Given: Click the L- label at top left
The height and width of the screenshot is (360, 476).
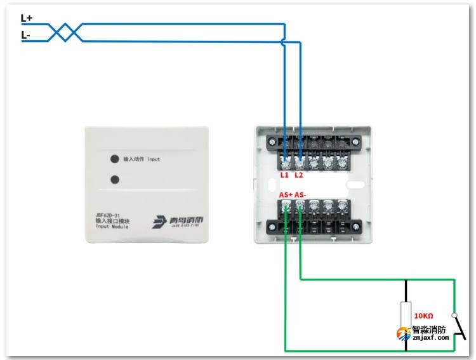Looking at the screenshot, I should pos(26,36).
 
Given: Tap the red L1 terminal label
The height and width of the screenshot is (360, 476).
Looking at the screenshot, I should pos(285,175).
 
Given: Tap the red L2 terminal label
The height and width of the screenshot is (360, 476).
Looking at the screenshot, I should pos(300,175).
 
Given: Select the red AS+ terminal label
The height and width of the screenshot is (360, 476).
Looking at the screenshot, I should pos(286,194).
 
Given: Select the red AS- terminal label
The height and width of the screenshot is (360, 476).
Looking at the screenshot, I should pos(301,194).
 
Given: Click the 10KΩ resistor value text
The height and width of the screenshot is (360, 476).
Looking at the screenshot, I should pos(423,316).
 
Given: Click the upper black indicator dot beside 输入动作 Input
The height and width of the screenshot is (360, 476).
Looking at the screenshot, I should pos(114,159).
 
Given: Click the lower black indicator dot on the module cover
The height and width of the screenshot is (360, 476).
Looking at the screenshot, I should pos(114,179).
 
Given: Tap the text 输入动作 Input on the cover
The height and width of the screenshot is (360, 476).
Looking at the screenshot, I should pos(142,159).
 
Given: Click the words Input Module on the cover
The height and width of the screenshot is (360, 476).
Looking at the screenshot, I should pos(112,226).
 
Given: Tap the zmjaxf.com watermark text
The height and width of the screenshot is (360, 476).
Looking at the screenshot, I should pos(430,338).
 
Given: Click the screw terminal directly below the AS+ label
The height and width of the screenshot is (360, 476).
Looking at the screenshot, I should pos(286,206).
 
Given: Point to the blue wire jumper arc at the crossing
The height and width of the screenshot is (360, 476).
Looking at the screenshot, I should pos(284,42).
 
